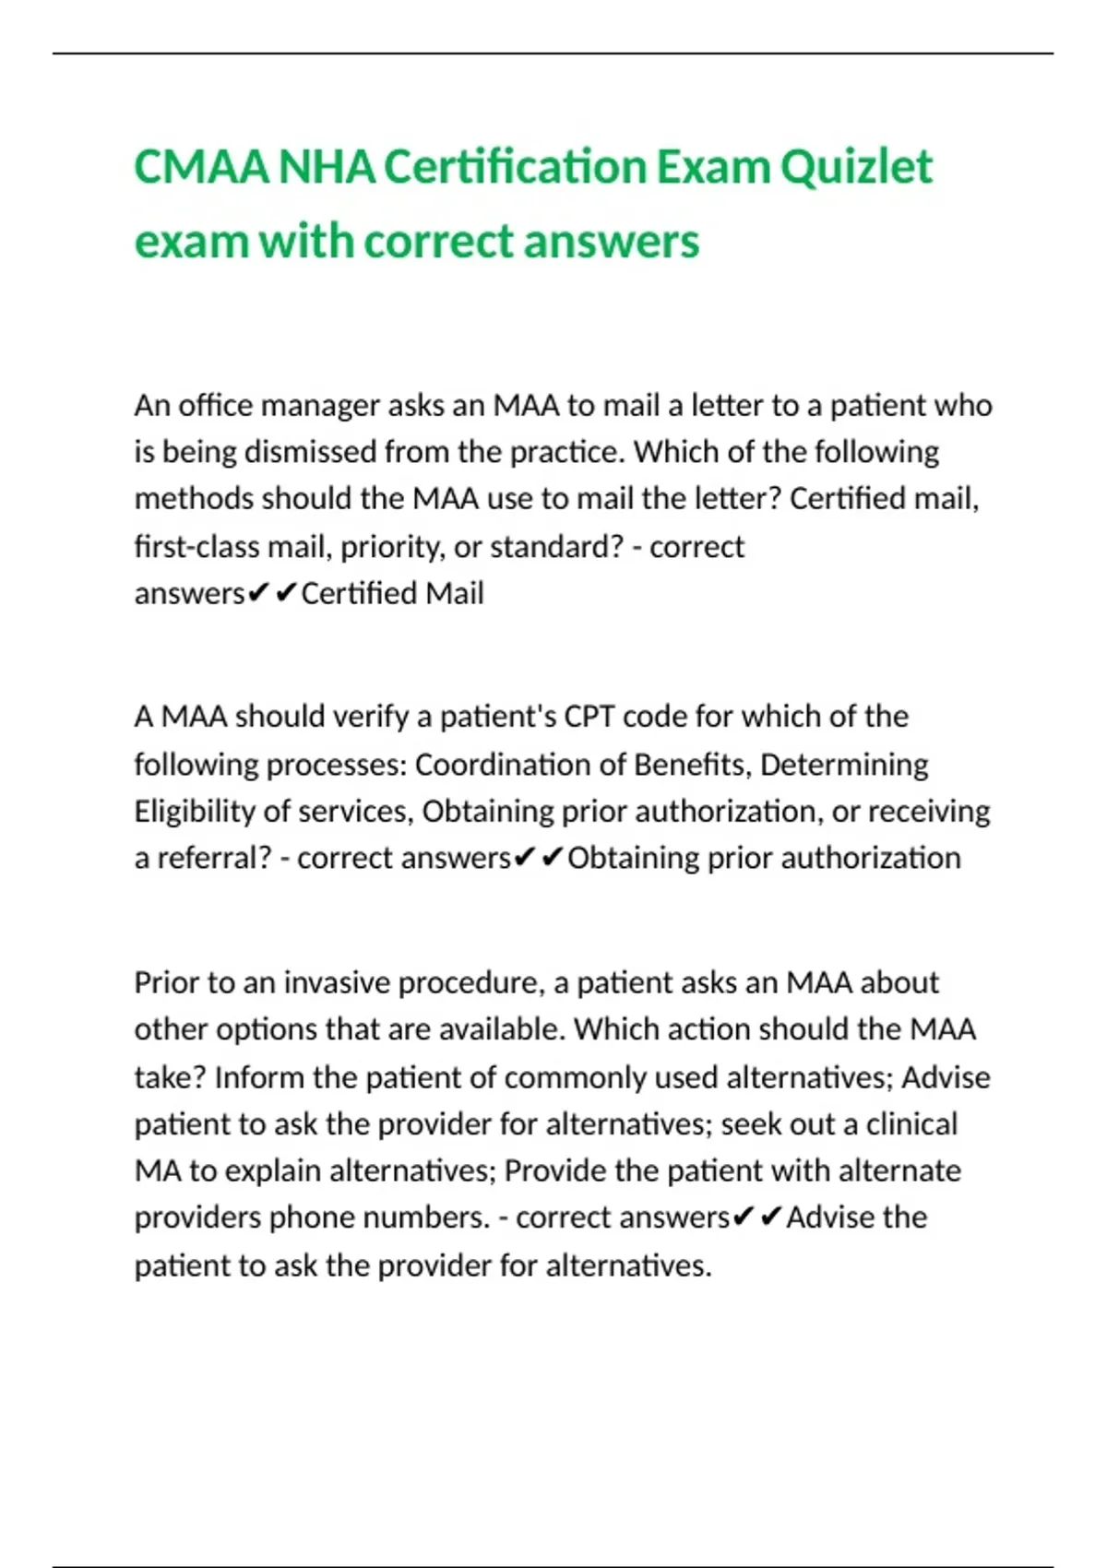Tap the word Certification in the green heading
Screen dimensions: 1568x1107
[516, 168]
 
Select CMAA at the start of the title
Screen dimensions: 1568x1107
[201, 168]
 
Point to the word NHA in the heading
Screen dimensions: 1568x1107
[327, 168]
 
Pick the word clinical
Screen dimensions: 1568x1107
[911, 1124]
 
